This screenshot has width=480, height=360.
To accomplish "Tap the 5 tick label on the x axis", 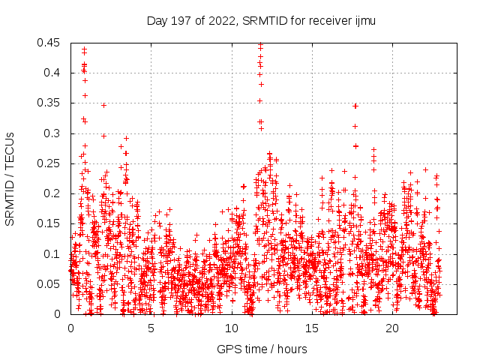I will pos(151,328).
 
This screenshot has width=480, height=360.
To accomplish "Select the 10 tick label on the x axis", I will pos(231,328).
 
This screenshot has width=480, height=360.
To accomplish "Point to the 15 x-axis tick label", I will pos(312,328).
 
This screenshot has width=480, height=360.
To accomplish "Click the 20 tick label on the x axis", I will pos(392,328).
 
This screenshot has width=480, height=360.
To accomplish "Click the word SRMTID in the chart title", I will pos(264,20).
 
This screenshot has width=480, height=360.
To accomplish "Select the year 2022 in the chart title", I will pos(221,20).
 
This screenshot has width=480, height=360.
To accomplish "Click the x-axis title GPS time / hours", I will pos(262,349).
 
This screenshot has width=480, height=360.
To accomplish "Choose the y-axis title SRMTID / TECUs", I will pos(10,178).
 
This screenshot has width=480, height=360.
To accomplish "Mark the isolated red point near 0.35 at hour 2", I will pos(103,105).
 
